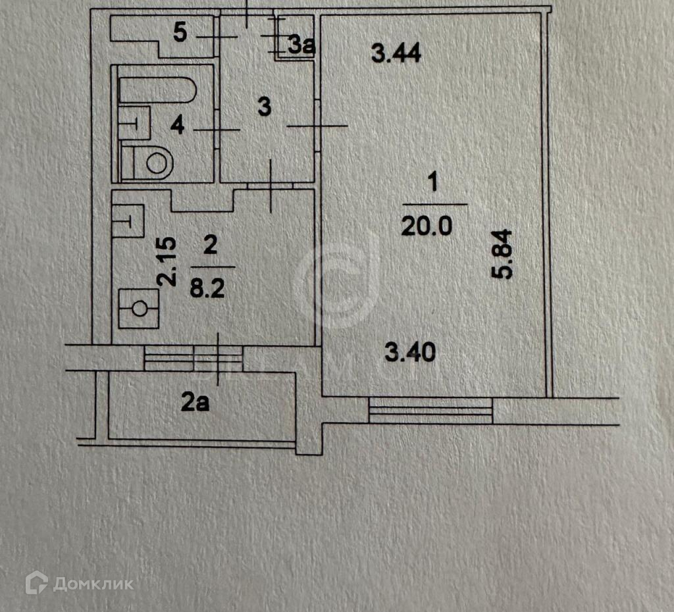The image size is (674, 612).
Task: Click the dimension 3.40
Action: click(x=409, y=354)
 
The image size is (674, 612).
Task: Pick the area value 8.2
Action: click(x=208, y=288)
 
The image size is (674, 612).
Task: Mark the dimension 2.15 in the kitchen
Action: click(x=168, y=261)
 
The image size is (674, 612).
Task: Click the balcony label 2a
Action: click(x=195, y=401)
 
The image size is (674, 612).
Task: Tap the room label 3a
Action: click(x=302, y=45)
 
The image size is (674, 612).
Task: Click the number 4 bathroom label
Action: click(x=177, y=125)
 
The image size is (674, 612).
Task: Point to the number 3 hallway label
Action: click(x=264, y=107)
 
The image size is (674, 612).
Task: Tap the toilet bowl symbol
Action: click(x=151, y=163)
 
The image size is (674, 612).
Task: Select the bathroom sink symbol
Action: click(x=136, y=122)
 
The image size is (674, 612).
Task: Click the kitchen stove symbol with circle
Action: click(x=139, y=309)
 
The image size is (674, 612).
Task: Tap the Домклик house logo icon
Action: click(x=36, y=583)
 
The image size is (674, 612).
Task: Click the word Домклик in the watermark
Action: click(x=93, y=584)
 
